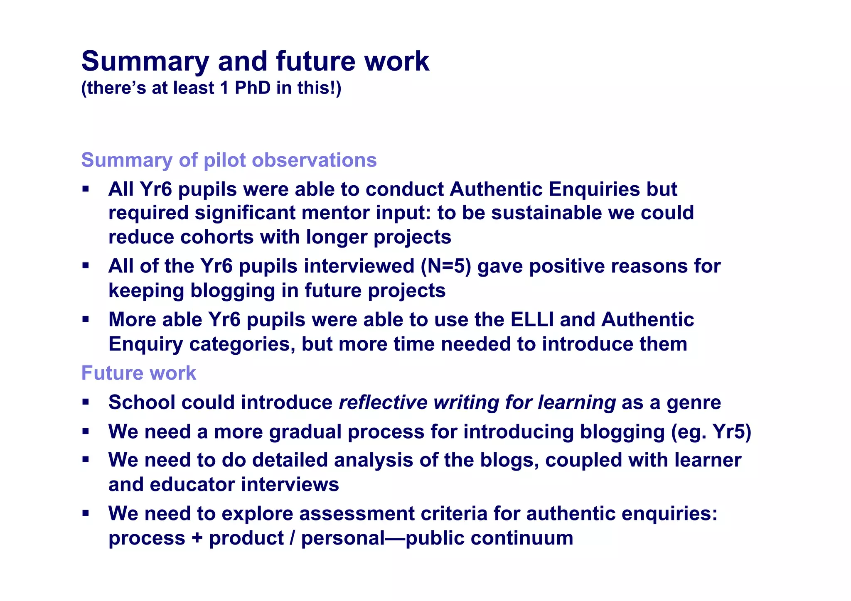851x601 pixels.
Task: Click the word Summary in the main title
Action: [145, 62]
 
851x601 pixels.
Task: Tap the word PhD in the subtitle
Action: [253, 88]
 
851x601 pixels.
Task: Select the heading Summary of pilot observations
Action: [229, 160]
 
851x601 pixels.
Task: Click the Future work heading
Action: [138, 373]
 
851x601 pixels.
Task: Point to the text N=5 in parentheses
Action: [446, 266]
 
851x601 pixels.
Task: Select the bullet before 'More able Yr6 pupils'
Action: [86, 319]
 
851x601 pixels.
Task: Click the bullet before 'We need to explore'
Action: [86, 513]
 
